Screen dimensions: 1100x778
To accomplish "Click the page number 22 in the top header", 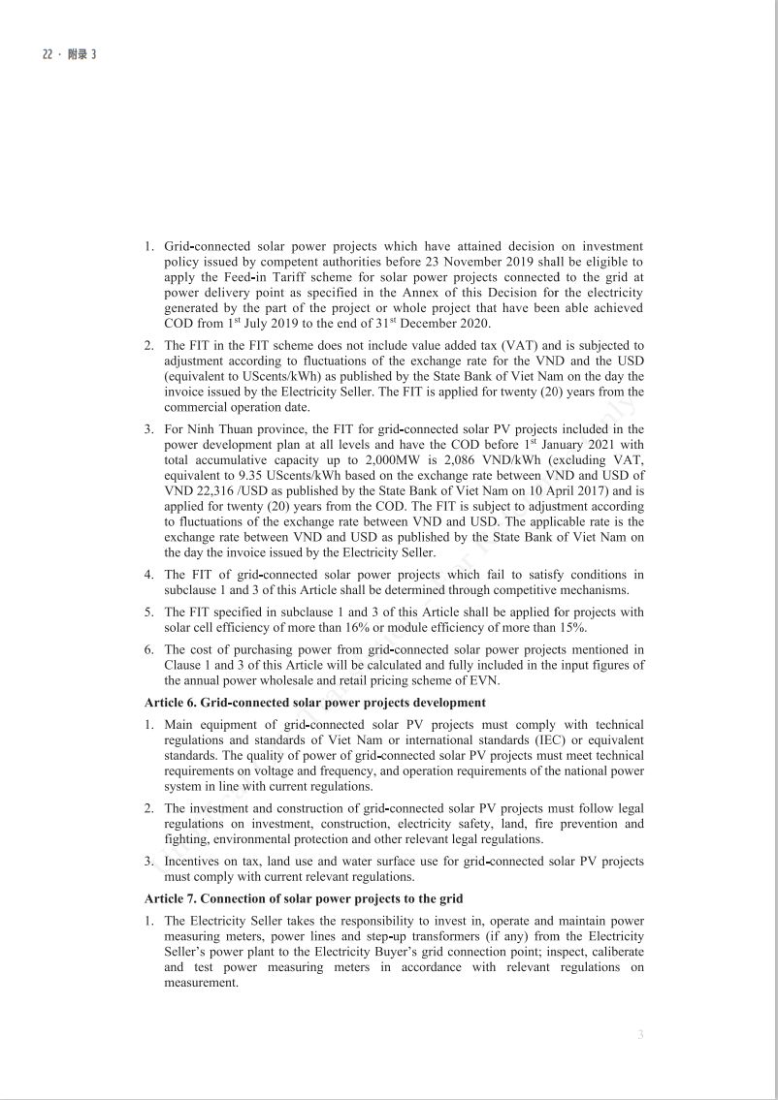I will point(47,54).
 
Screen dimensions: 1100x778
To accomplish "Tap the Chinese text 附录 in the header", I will point(77,54).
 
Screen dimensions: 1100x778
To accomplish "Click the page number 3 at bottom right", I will point(640,1034).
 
